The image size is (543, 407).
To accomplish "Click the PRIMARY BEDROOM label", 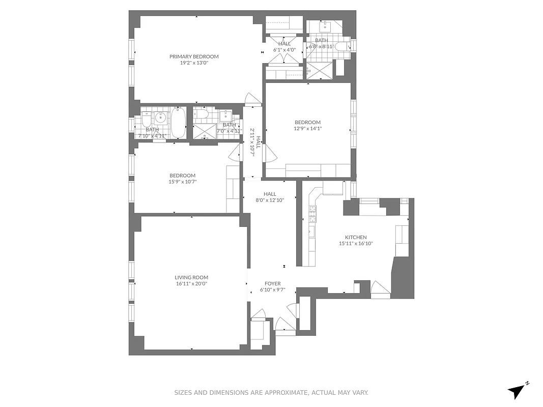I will pos(194,56).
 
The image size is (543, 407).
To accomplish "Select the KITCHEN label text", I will pos(356,237).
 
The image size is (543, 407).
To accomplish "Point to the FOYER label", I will pos(272,283).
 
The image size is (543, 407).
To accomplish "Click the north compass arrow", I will pos(518,391).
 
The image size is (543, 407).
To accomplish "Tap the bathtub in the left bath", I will pos(178,123).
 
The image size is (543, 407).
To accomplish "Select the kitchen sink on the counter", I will pos(311,232).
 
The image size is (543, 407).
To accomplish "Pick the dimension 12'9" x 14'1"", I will pos(308,129).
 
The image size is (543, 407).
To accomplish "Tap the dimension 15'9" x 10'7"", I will pos(183,182).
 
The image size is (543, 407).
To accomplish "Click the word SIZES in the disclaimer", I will pos(184,393).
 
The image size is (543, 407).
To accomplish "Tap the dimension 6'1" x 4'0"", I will pos(284,50).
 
